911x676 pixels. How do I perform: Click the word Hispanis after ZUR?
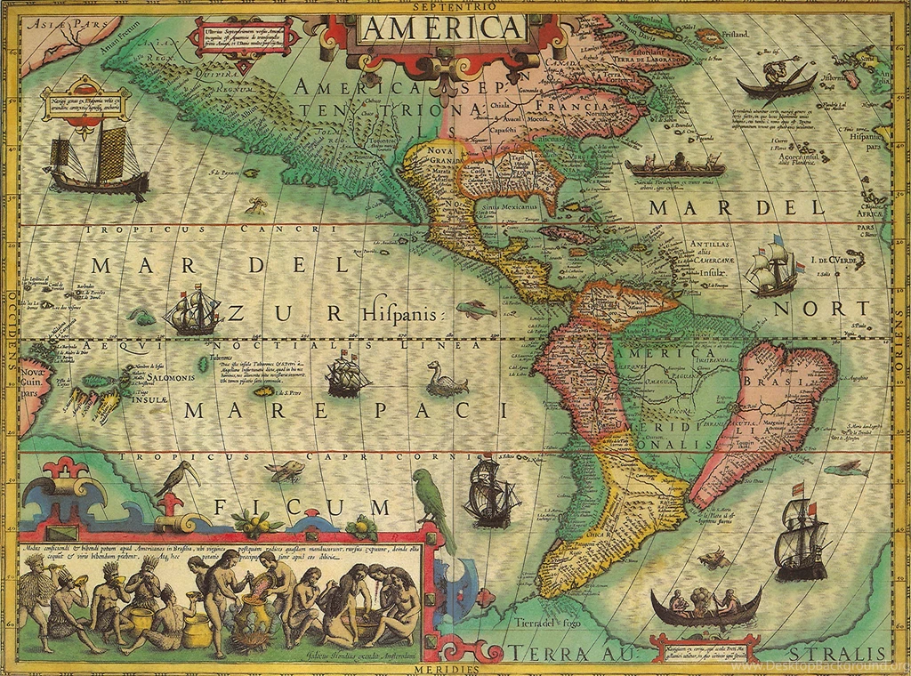coord(401,313)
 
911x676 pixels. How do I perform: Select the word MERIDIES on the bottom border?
coord(454,669)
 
